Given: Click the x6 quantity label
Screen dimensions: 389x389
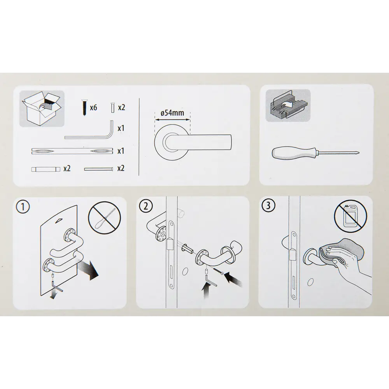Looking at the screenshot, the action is coord(93,107).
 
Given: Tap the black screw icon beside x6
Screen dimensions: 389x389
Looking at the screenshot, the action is coord(84,107).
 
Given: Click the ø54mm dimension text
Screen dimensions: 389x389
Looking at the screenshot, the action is coord(172,113).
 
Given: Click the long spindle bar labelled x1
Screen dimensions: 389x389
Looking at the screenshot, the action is coord(72,151).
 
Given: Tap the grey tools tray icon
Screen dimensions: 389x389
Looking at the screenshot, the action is coord(288,105).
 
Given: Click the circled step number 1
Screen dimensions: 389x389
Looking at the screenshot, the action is coord(23,207).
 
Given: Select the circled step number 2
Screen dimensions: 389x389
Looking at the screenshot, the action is coord(146,206).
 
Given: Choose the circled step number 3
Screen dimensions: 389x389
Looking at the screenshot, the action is coord(268,206).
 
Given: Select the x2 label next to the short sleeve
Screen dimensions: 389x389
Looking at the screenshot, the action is coord(67,169).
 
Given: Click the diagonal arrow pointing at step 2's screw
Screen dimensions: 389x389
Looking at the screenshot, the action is coord(233,280).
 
